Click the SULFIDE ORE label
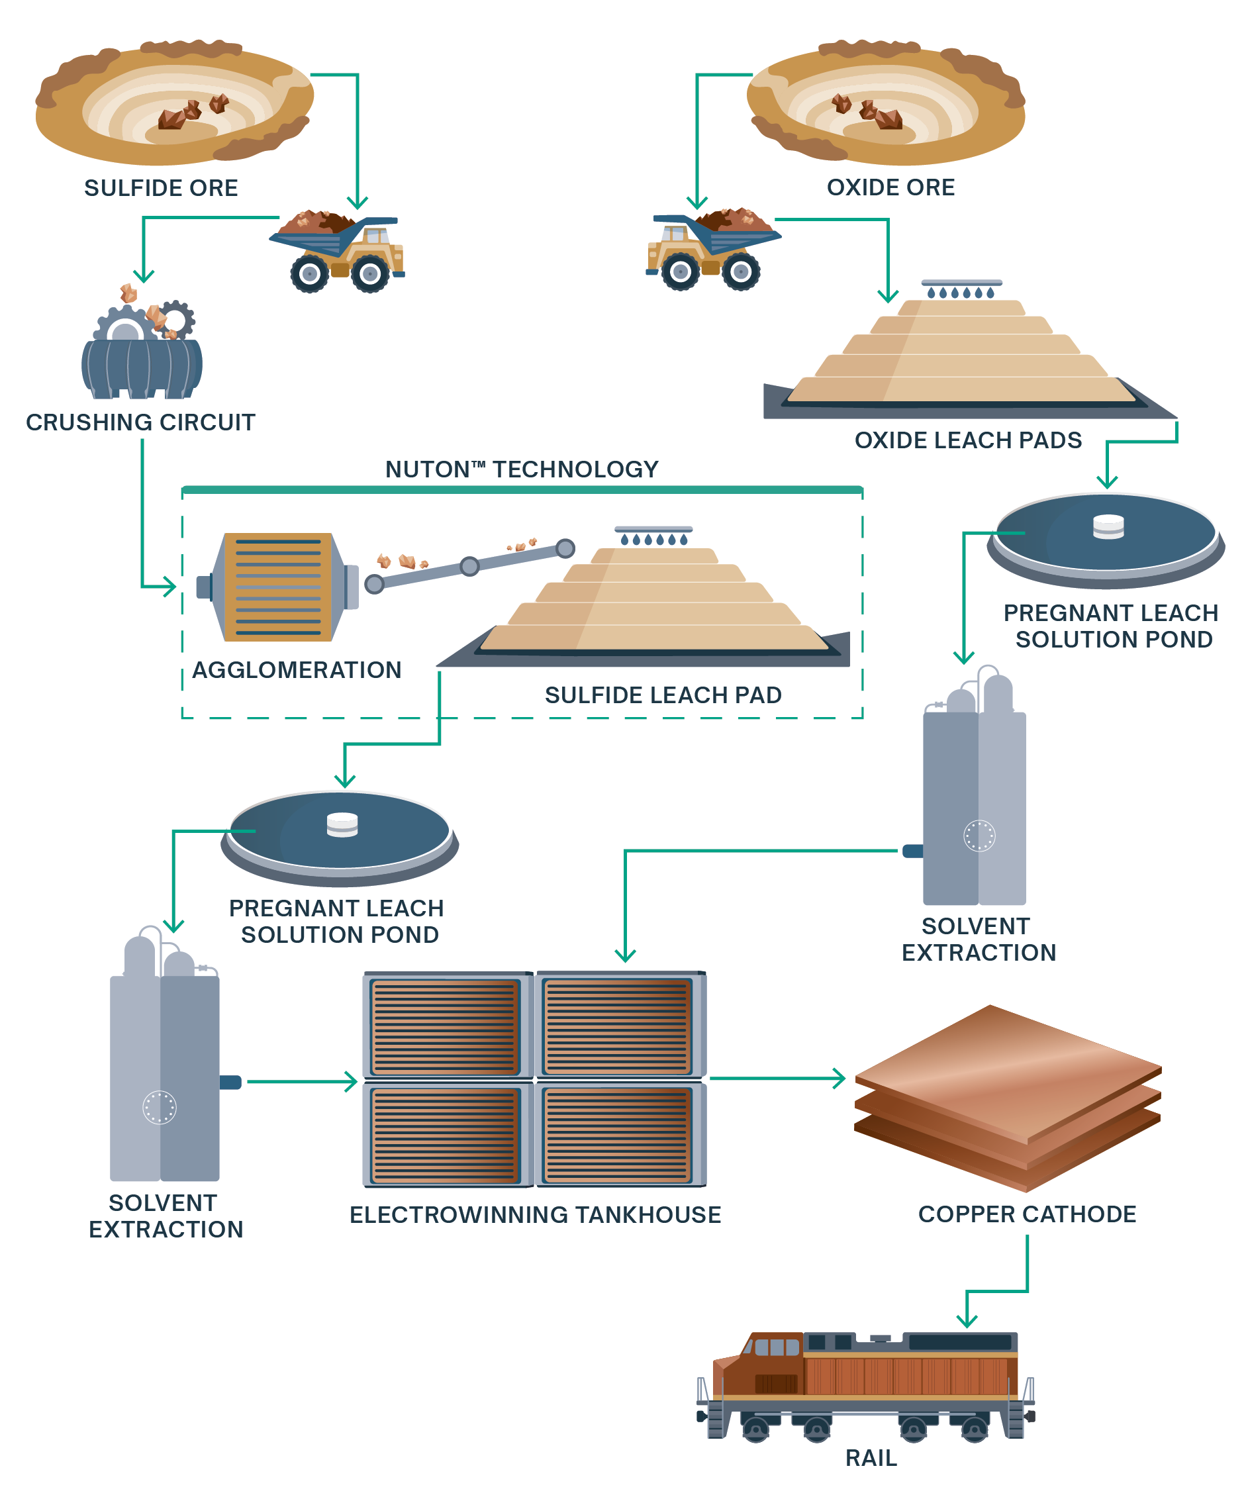(161, 188)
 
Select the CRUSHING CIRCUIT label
(140, 422)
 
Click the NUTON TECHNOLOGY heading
(521, 469)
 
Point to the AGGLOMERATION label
(297, 669)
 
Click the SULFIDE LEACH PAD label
(663, 695)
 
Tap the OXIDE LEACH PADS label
(967, 440)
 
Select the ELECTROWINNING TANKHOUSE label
(535, 1214)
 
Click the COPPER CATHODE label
(1027, 1214)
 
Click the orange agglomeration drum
(277, 587)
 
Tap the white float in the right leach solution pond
(1108, 526)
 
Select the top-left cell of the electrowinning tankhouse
(446, 1026)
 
